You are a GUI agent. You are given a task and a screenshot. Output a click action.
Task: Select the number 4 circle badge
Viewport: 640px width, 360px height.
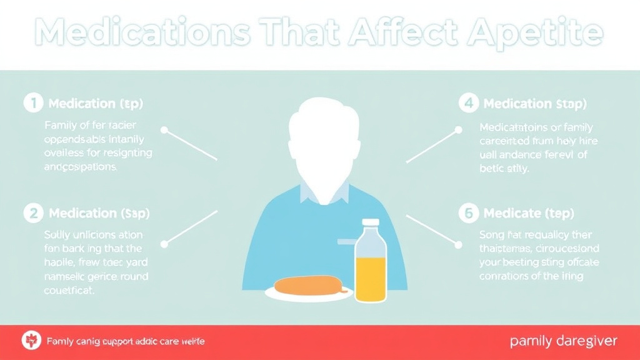468,103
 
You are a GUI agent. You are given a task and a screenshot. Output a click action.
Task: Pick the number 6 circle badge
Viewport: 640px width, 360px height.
468,213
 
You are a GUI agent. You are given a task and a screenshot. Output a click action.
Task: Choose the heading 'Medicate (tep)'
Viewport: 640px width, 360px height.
528,214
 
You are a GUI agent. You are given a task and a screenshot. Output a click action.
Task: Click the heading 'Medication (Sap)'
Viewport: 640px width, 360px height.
99,214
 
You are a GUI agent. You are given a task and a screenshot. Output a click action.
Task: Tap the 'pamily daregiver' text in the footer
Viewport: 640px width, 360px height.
564,341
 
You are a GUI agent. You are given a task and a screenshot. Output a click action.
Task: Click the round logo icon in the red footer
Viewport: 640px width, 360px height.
30,341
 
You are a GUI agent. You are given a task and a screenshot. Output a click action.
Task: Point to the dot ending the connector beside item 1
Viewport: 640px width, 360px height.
164,131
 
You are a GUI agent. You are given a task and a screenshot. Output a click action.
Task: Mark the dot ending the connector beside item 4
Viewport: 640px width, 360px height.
458,131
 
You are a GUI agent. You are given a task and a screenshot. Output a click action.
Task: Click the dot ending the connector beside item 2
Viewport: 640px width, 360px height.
164,243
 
